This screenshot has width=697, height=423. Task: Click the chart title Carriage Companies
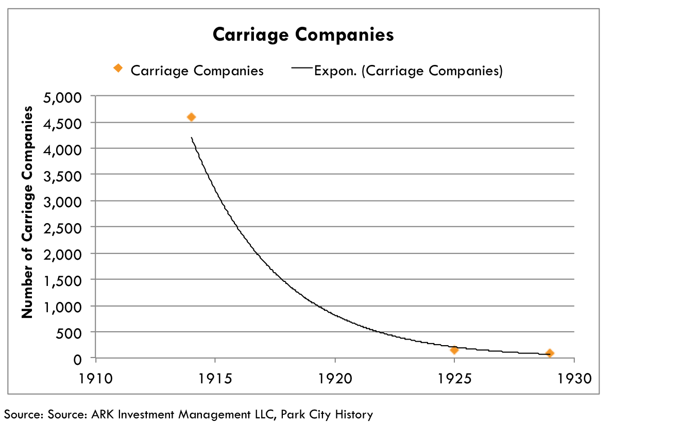tap(303, 35)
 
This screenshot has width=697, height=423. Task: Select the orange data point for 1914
tap(191, 117)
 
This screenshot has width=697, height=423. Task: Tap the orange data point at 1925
tap(454, 350)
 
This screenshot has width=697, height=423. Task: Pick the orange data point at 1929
tap(550, 353)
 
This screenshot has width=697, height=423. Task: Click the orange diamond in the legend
tap(118, 68)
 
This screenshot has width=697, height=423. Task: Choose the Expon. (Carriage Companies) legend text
tap(409, 71)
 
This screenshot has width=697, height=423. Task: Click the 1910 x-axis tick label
tap(96, 379)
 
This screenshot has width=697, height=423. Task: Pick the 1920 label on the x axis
tap(335, 379)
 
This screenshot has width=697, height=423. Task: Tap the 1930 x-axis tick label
tap(574, 379)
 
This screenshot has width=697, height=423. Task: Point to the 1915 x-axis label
tap(215, 379)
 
